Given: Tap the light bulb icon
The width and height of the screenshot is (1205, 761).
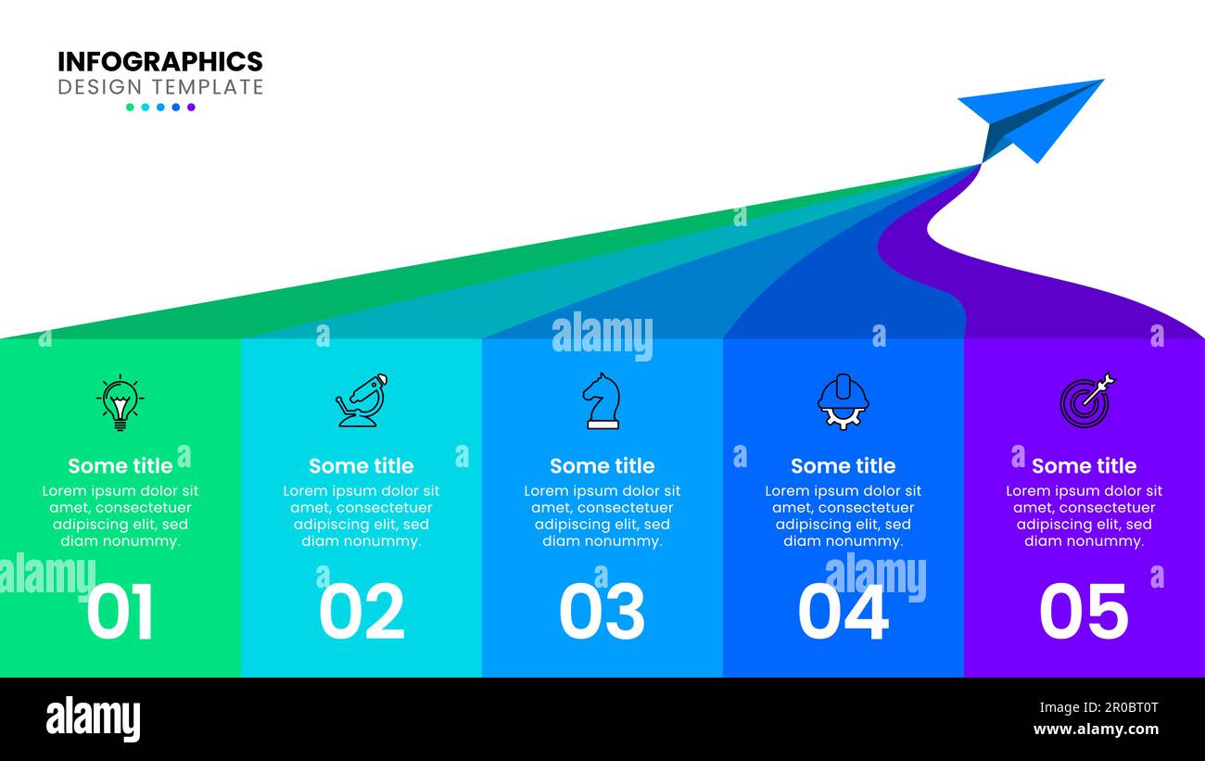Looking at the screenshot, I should click(120, 402).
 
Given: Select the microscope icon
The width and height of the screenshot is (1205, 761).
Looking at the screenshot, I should click(361, 400).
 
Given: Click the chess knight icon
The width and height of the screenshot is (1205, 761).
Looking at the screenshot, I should click(602, 400).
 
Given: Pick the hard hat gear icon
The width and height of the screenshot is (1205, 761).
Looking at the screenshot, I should click(843, 401).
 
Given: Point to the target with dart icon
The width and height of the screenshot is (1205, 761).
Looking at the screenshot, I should click(1085, 400).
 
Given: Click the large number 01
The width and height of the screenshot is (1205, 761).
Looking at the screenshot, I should click(120, 612).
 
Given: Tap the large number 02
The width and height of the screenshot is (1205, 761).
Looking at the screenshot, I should click(361, 612).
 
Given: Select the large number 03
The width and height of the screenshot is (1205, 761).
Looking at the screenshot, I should click(602, 612).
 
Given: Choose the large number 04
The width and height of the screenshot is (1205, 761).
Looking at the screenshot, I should click(843, 612).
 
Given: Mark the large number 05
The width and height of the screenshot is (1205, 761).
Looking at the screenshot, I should click(1084, 612).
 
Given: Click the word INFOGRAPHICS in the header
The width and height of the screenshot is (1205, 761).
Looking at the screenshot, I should click(160, 62).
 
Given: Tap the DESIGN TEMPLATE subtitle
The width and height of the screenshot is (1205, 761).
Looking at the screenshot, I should click(160, 87).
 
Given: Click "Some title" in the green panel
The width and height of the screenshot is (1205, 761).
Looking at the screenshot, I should click(120, 465).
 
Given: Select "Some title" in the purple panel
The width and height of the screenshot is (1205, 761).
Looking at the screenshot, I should click(1084, 465).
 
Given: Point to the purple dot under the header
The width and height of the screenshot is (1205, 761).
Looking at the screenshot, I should click(191, 108).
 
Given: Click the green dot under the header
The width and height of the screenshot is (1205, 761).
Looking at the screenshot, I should click(130, 108).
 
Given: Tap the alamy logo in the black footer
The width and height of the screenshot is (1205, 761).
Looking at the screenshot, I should click(93, 719).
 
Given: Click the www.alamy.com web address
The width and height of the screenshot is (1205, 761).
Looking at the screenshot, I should click(1096, 729).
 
